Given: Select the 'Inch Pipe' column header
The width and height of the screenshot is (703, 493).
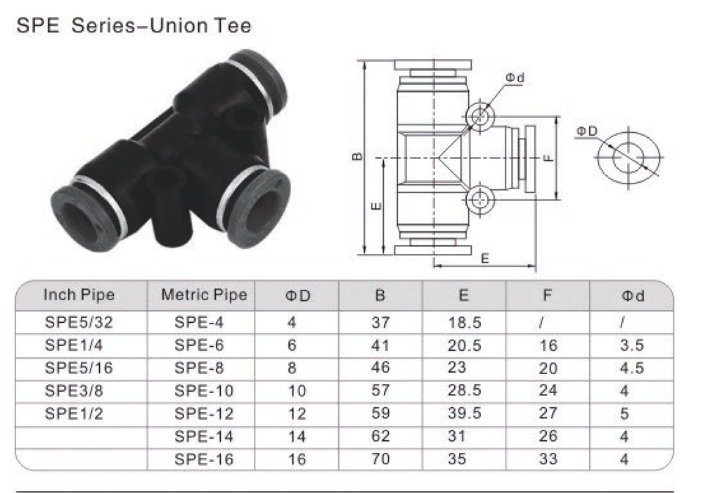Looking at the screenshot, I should pos(79,295).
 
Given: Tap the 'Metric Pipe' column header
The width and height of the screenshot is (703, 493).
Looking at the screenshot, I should pos(204,295).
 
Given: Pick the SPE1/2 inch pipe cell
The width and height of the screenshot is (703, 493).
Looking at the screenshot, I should pos(74,414).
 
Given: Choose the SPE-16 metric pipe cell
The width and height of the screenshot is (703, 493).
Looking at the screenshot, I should pos(204,459).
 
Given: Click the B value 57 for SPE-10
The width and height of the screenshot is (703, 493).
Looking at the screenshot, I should pos(380,391).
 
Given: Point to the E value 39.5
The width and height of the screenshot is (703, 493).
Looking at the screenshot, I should pos(463,414).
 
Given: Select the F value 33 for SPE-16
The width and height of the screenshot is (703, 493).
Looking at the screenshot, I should pos(548,459).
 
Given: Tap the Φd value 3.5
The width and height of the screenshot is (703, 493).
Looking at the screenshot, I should pos(633,345).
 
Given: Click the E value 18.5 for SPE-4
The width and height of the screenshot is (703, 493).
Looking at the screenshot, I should pos(463,323).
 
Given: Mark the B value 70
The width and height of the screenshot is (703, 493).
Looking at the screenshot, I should pos(380,459).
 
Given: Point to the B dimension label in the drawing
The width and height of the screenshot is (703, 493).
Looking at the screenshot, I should pos(358,156).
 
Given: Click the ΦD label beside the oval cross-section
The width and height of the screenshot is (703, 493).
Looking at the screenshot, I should pos(587,132).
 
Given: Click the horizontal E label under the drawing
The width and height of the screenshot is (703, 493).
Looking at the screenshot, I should pos(484,258).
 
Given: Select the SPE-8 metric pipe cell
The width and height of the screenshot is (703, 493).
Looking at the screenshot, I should pos(200,368).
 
